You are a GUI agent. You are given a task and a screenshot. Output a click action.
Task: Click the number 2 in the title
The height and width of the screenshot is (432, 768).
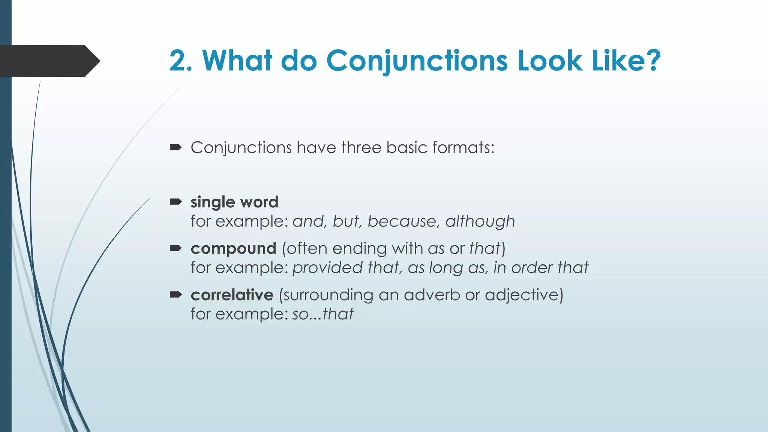[177, 61]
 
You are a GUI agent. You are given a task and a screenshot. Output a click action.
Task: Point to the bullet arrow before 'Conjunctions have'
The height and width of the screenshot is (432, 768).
[175, 148]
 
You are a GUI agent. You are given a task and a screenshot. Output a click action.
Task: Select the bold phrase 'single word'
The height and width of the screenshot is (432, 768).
[234, 202]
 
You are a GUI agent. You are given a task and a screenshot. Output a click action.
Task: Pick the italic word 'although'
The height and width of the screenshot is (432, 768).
[480, 221]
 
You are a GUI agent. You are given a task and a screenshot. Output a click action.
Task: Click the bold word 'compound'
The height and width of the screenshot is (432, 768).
[233, 249]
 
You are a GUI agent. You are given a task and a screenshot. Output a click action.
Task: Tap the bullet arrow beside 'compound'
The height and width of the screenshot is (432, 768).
[175, 248]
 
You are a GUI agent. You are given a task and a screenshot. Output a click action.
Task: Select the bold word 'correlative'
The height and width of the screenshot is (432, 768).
[232, 295]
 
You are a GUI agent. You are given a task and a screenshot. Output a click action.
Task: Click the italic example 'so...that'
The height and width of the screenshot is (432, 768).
[322, 314]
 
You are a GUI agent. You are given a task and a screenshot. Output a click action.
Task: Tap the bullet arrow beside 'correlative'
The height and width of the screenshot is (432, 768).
[175, 295]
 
